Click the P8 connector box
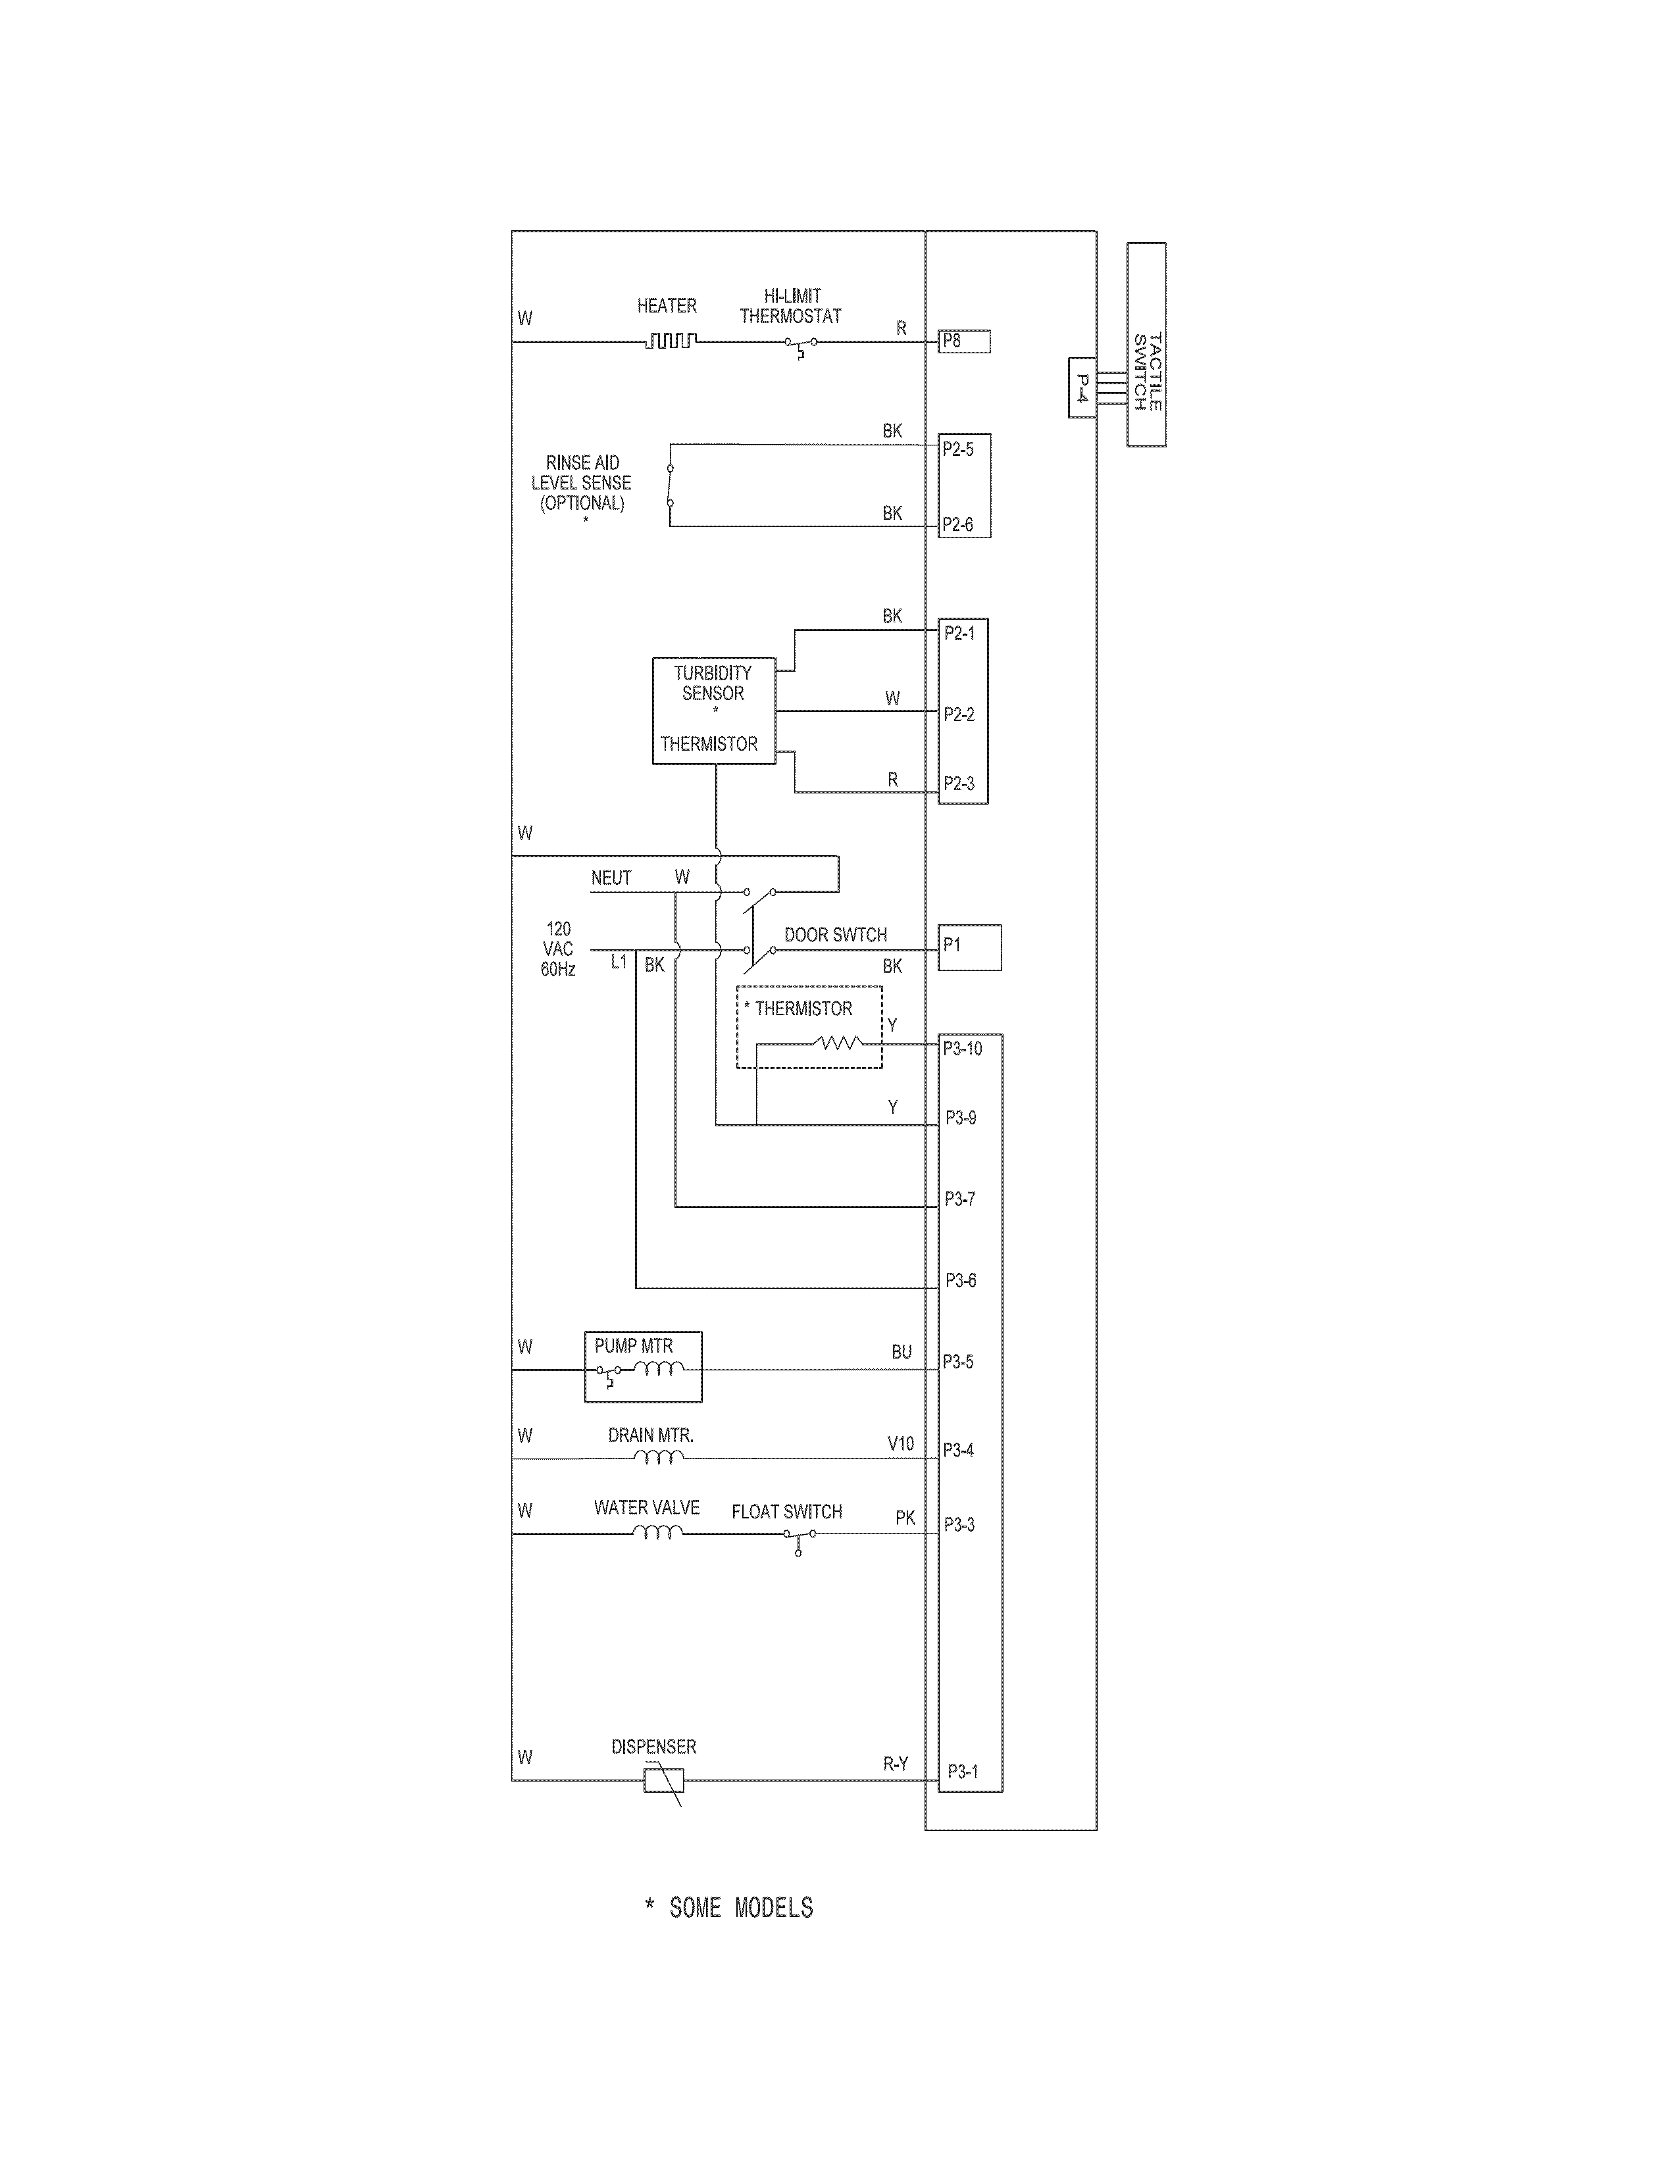tap(964, 341)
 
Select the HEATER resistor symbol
tap(671, 341)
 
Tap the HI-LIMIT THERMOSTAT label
tap(790, 306)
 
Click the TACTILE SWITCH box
tap(1146, 344)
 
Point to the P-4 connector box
tap(1082, 387)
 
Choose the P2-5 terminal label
tap(958, 449)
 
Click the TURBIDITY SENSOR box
tap(713, 710)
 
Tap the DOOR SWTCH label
tap(835, 934)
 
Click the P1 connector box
tap(969, 947)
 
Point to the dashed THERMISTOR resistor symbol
tap(838, 1043)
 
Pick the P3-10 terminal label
tap(962, 1048)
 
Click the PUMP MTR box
tap(643, 1367)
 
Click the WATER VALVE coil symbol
tap(658, 1533)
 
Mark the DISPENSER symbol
tap(663, 1780)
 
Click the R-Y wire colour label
tap(896, 1763)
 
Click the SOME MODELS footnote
tap(730, 1908)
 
